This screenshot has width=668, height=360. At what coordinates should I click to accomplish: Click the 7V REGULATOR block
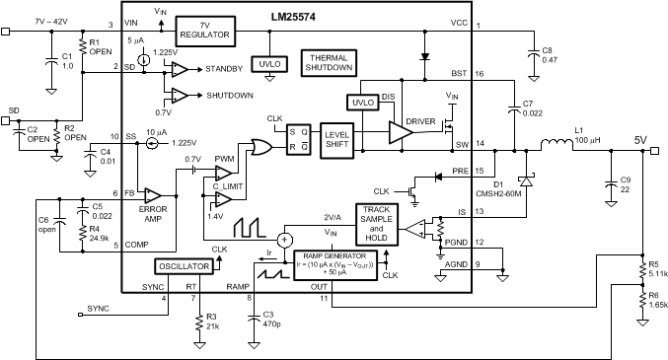pos(203,29)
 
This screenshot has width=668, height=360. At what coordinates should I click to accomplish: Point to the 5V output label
pos(641,140)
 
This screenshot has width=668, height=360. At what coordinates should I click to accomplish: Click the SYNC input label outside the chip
pos(99,309)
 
